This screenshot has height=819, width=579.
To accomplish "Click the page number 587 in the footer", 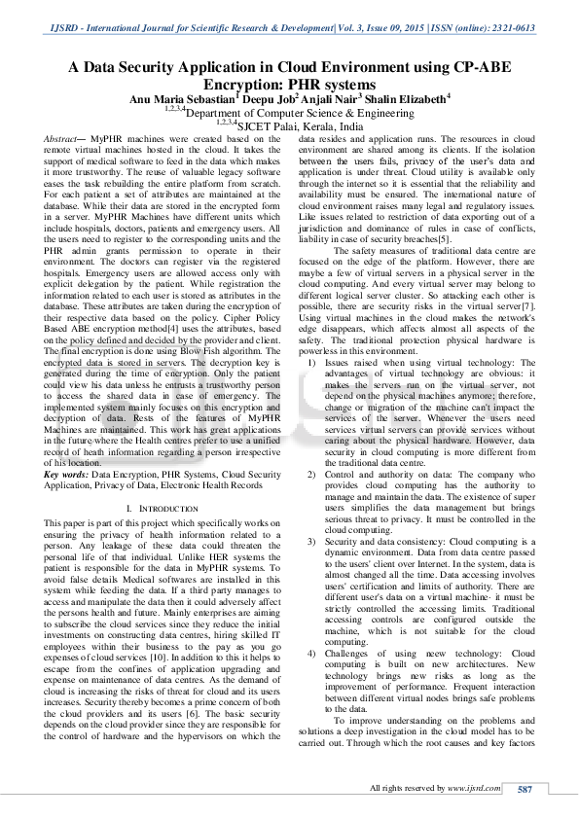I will pos(524,788).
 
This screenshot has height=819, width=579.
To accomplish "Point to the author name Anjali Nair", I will pos(330,98).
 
